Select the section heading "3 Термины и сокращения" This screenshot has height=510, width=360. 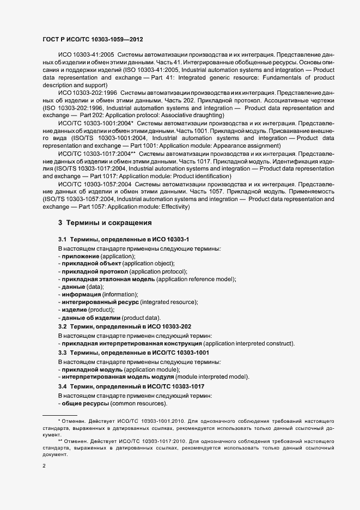click(x=105, y=223)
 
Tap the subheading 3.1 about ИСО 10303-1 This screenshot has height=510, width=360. click(x=124, y=240)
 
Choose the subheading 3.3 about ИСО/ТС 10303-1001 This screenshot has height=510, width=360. click(x=133, y=353)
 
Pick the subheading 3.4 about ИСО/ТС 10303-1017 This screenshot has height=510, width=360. click(x=133, y=386)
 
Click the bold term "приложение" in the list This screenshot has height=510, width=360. click(x=81, y=256)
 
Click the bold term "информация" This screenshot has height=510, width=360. click(x=82, y=294)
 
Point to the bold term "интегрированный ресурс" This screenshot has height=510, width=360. click(x=100, y=302)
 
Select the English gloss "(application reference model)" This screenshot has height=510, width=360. click(x=196, y=279)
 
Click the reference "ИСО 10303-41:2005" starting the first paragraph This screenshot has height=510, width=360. click(x=85, y=56)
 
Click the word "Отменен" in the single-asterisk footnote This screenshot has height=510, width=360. click(x=74, y=422)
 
